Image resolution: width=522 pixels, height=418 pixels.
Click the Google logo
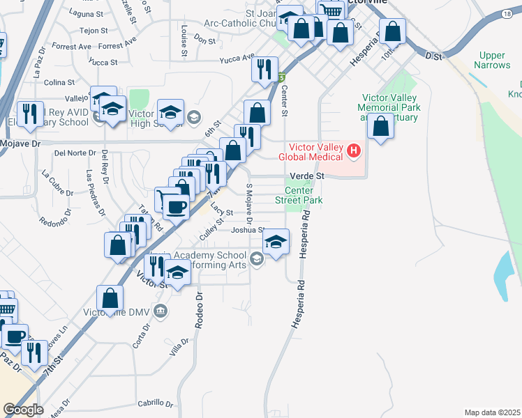(x=22, y=410)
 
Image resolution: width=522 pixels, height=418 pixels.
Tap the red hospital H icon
(x=354, y=150)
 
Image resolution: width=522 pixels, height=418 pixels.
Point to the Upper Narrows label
(x=492, y=60)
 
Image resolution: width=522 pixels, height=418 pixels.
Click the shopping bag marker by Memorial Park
(x=380, y=126)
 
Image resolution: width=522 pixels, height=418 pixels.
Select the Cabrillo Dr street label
(x=155, y=403)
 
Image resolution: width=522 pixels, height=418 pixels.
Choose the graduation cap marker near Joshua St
(x=276, y=242)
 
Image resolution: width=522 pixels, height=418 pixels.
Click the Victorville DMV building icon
(x=161, y=310)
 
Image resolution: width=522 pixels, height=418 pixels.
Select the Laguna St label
(x=87, y=13)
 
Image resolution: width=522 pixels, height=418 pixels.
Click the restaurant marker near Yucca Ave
(x=264, y=68)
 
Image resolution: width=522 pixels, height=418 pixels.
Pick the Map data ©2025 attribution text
(x=493, y=412)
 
